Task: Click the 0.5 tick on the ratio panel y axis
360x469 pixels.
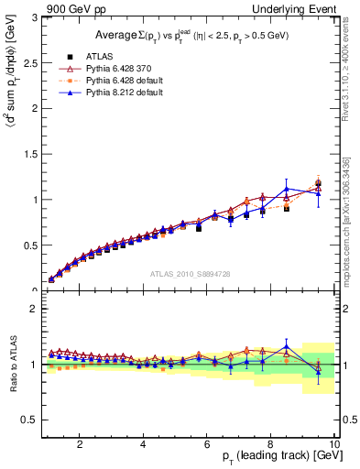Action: click(29, 420)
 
